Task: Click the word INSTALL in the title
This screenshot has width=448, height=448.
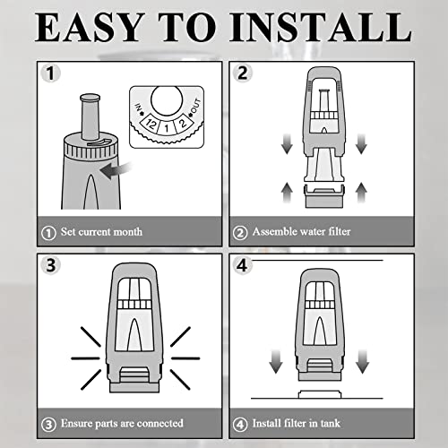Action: (321, 28)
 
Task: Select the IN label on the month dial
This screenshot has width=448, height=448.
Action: (139, 109)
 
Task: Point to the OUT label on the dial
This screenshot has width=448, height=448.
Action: (194, 107)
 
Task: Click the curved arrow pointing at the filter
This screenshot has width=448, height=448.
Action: (116, 170)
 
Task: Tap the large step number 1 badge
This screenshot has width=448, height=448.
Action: (50, 73)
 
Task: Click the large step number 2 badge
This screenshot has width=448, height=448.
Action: (243, 73)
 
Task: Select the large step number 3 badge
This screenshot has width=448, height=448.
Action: (51, 265)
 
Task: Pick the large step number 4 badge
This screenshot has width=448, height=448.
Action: (243, 265)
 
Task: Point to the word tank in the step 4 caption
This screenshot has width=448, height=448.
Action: (331, 423)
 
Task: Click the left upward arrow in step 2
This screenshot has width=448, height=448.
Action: (287, 193)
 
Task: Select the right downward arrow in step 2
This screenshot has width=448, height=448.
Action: (361, 144)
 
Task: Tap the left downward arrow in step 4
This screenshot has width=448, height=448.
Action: (276, 361)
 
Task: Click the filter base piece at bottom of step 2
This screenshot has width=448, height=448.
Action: (324, 196)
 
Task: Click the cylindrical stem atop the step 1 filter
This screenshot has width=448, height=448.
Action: (90, 116)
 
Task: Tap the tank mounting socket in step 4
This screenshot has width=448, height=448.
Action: (320, 394)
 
